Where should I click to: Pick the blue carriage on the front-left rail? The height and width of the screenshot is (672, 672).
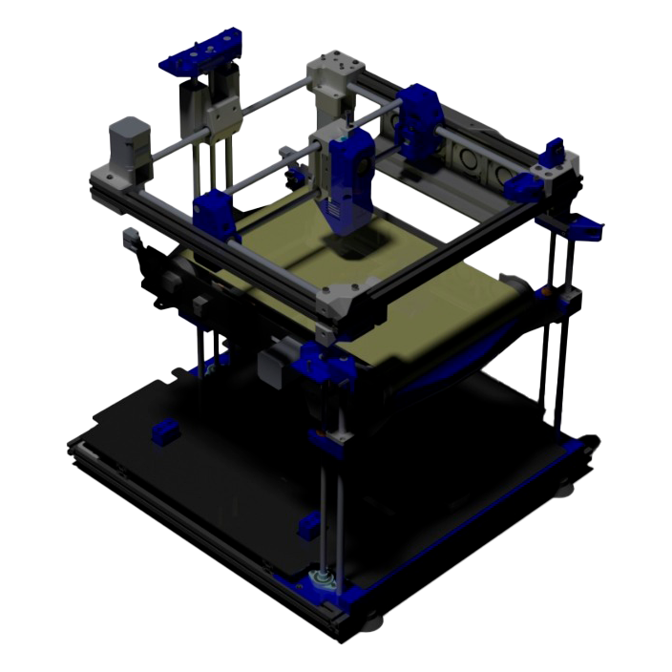click(x=214, y=215)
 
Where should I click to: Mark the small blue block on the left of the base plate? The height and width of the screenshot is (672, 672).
click(x=165, y=432)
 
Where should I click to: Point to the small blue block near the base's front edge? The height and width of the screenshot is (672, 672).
click(x=309, y=523)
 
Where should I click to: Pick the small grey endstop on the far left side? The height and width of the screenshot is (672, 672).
click(x=131, y=239)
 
